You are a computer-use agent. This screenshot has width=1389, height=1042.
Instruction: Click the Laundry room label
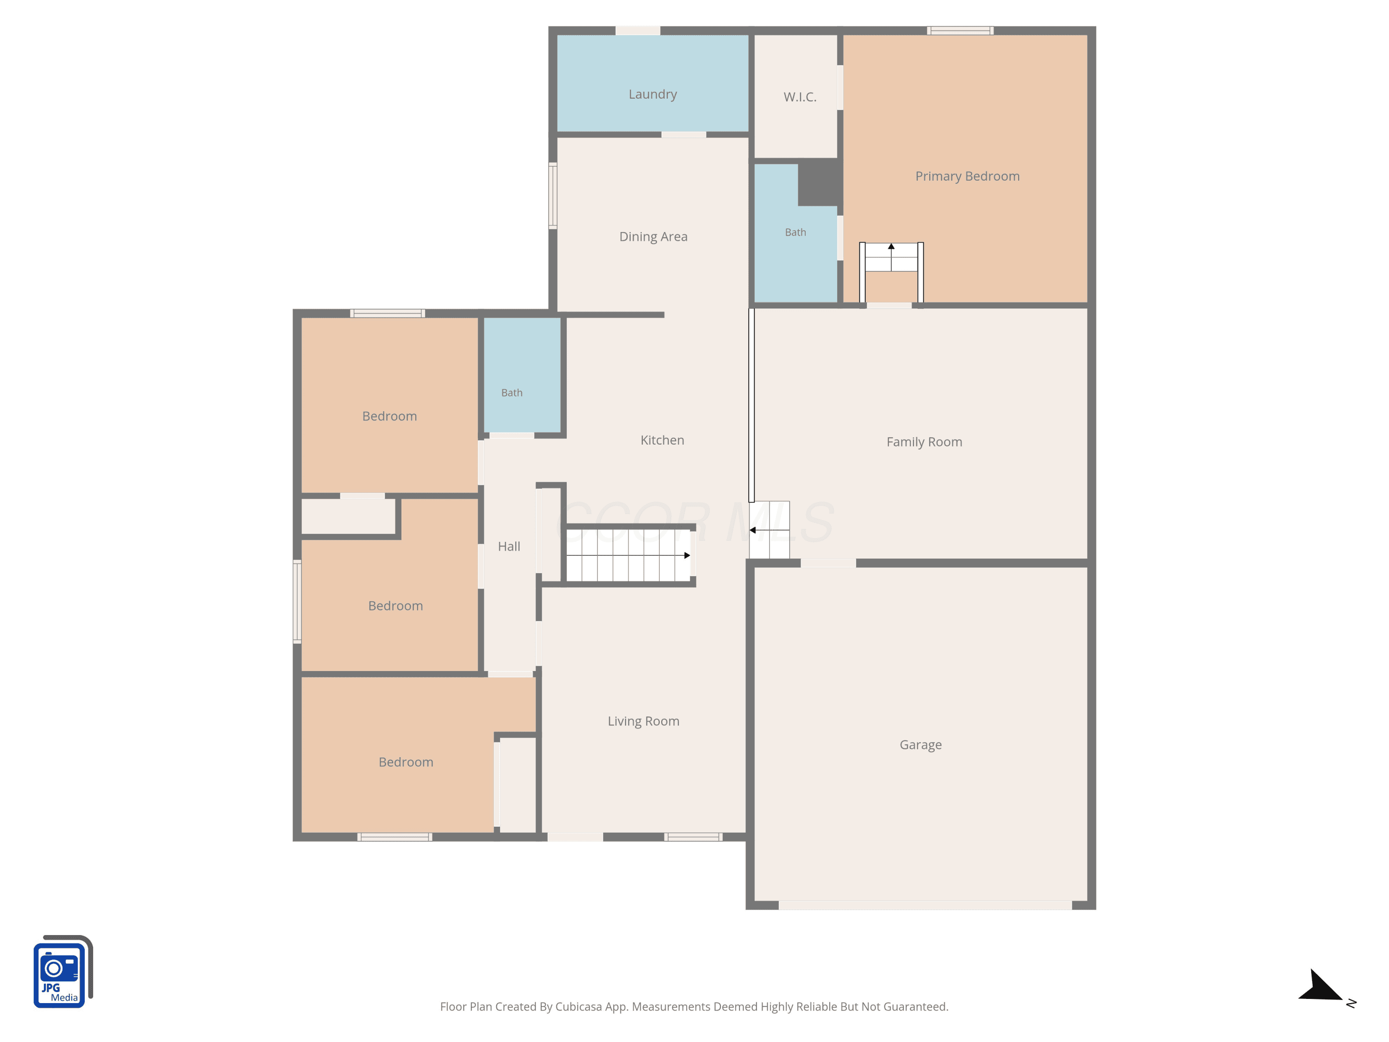point(652,94)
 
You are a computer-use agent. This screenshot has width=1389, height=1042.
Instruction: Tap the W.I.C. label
point(800,97)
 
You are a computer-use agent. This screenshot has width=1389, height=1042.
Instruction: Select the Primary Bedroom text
point(967,176)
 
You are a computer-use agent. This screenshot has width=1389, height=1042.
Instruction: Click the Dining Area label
point(653,237)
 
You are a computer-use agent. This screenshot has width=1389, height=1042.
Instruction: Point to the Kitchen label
point(662,440)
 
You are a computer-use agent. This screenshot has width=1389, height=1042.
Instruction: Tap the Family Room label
point(924,442)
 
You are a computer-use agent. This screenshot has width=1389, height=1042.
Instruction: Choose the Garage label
point(920,745)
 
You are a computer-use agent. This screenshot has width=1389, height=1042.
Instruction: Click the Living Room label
point(643,721)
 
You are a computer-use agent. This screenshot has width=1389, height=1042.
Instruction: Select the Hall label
point(509,546)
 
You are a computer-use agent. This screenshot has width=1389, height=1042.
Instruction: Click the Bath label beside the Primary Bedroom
point(795,232)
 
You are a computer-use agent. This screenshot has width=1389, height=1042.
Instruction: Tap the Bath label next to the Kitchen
point(511,393)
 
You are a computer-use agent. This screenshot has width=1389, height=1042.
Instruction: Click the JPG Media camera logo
point(63,972)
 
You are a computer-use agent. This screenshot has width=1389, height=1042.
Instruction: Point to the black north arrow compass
point(1322,986)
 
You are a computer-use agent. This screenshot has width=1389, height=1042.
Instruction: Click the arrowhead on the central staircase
point(687,555)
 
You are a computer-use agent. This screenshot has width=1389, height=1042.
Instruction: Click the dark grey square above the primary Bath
point(820,182)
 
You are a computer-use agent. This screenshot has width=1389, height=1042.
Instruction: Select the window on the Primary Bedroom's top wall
point(960,30)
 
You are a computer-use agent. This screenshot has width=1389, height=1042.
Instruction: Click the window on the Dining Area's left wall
point(552,195)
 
